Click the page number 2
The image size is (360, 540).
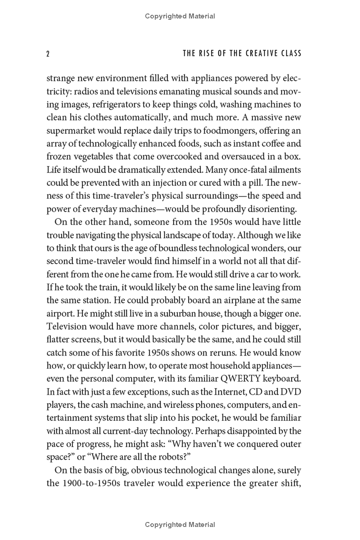coord(48,54)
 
